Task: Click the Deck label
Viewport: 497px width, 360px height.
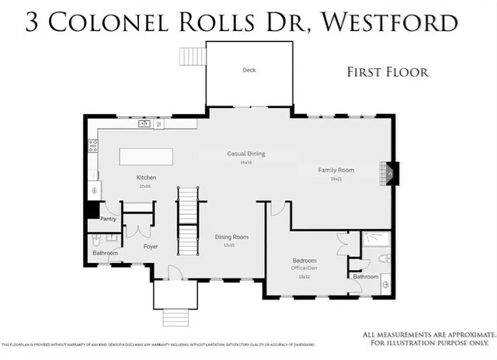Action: pyautogui.click(x=248, y=71)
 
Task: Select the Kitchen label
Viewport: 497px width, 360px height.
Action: pyautogui.click(x=147, y=177)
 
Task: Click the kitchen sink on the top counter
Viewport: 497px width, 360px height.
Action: pyautogui.click(x=144, y=123)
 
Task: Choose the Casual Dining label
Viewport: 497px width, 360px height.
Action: pyautogui.click(x=246, y=154)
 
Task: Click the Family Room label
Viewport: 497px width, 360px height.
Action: pyautogui.click(x=335, y=169)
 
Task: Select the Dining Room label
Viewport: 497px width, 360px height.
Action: pyautogui.click(x=231, y=237)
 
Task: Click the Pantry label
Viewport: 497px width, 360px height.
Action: pyautogui.click(x=107, y=219)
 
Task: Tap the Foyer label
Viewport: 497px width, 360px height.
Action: pyautogui.click(x=151, y=247)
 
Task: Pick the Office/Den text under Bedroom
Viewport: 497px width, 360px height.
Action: pyautogui.click(x=304, y=268)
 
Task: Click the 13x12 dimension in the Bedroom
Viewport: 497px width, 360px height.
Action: pyautogui.click(x=304, y=276)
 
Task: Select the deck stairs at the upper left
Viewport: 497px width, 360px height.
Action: pyautogui.click(x=191, y=57)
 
